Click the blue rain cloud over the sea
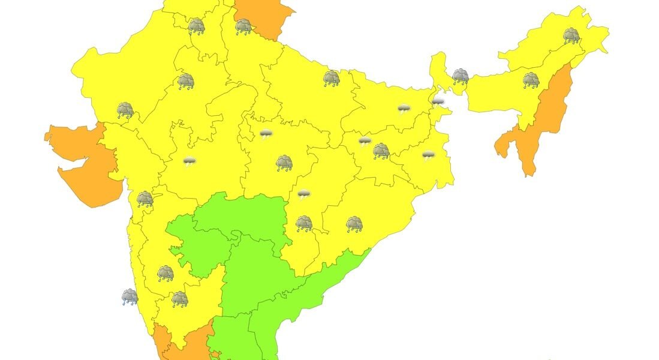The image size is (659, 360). pos(130,296)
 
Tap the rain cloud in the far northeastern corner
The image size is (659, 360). pos(571,35)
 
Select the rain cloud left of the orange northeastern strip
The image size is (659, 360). pos(531,80)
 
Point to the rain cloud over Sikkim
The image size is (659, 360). pos(460,76)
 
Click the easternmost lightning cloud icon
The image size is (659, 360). pos(438,101)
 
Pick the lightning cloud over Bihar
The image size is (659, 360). pos(404,109)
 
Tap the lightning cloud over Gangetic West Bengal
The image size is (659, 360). pos(428,155)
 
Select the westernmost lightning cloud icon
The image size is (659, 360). pos(189,161)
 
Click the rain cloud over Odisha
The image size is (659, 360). pos(354,224)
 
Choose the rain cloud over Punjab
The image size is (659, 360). pos(196,26)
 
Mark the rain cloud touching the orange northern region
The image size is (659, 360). pos(243,26)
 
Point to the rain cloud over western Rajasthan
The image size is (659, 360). pos(125,110)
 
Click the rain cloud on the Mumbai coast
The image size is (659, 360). pos(145,199)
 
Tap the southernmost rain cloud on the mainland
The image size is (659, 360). pos(179,299)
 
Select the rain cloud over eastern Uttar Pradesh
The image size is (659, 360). pos(332,78)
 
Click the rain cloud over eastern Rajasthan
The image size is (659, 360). pos(186,81)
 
